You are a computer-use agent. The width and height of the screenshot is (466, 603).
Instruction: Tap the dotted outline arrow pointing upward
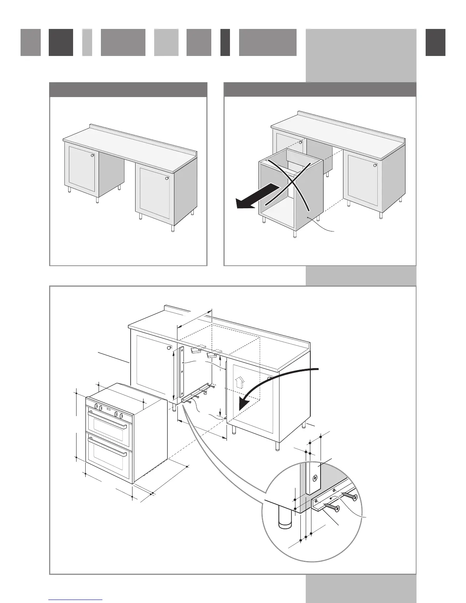239,382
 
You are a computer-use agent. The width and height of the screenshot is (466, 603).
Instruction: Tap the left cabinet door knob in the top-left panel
93,155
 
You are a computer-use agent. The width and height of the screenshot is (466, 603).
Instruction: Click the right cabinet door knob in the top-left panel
167,179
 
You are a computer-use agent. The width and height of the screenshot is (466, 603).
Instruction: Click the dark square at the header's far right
435,42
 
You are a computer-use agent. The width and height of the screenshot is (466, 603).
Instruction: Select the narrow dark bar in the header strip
225,42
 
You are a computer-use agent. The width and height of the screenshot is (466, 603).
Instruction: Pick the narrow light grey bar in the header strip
87,42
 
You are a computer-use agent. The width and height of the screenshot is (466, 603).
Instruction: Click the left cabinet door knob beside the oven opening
169,348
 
